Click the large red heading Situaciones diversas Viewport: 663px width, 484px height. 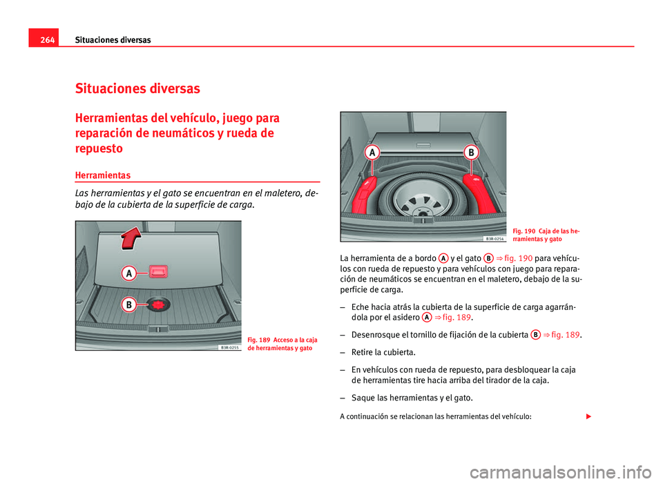pos(137,88)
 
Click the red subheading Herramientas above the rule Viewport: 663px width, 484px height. pos(102,176)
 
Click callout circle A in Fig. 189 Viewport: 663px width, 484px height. pos(129,274)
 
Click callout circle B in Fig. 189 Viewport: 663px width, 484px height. pos(129,304)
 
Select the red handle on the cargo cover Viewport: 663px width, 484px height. pos(160,271)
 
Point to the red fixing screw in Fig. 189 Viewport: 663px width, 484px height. pos(160,304)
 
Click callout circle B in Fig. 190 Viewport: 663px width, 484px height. pos(472,151)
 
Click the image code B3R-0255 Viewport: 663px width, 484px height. pos(229,348)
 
